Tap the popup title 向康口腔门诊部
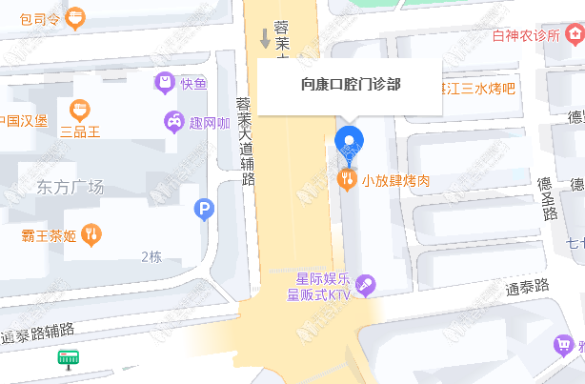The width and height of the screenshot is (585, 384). (350, 84)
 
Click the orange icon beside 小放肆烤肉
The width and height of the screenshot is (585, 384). (350, 178)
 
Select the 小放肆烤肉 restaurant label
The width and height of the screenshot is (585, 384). (395, 179)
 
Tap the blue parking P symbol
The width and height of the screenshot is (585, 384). (203, 209)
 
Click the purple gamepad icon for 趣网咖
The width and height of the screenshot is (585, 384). (173, 121)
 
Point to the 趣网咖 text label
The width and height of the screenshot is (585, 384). (210, 122)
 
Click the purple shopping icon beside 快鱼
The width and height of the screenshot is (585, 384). (165, 83)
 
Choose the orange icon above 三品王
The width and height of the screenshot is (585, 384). (81, 110)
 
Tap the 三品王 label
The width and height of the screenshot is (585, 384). (81, 131)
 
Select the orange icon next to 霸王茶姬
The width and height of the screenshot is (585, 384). (91, 232)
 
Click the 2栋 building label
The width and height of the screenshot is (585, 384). (151, 255)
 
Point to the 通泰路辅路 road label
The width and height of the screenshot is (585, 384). (39, 333)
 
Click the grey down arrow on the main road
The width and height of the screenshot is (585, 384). (265, 38)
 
